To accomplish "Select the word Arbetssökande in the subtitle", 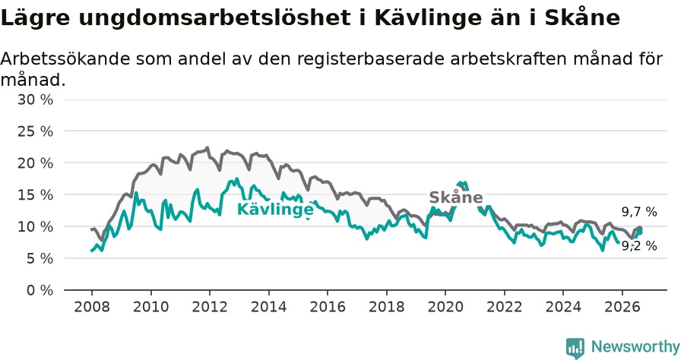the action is coord(65,58).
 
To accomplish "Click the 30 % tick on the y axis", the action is coord(35,99).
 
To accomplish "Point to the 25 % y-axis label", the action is coord(35,131).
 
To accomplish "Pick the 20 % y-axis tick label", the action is coord(35,163).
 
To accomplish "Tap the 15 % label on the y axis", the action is coord(35,195).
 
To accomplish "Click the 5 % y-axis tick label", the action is coord(40,258).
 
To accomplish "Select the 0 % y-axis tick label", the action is coord(40,290).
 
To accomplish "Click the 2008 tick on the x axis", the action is coord(92,307).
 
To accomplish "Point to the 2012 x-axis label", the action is coord(210,307).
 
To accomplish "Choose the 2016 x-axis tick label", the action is coord(328,307).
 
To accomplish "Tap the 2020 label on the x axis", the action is coord(445,307).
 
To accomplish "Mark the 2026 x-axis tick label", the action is coord(622,307).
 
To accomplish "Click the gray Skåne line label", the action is coord(456,197).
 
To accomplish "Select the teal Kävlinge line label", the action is coord(275,210).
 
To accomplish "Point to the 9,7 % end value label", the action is coord(639,212).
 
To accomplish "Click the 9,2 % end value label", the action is coord(639,246).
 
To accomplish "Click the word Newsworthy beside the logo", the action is coord(635,347).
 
